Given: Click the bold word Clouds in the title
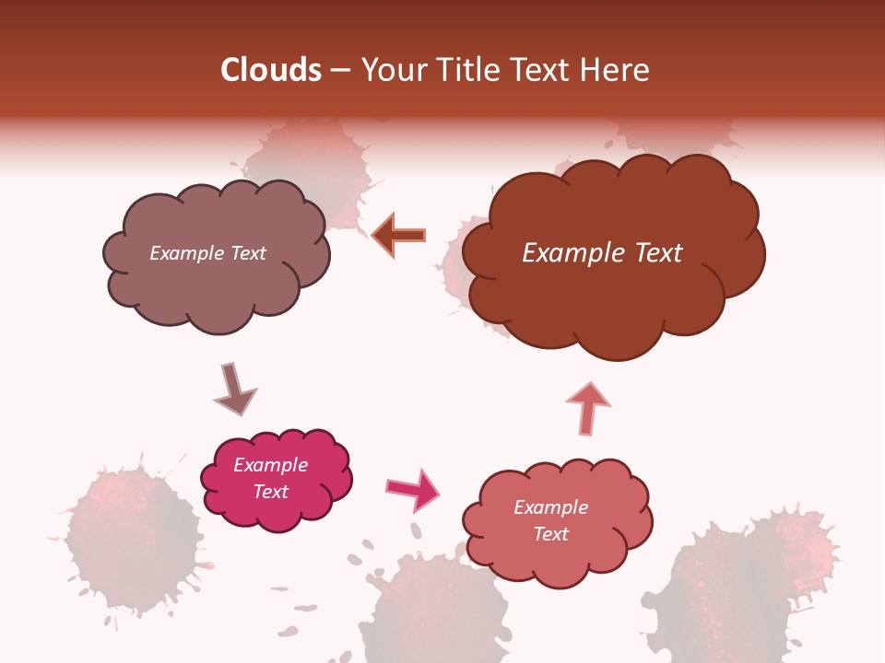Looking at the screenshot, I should pos(272,70).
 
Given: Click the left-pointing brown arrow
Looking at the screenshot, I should pos(399,235).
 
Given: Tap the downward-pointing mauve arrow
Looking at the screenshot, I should pos(234,390).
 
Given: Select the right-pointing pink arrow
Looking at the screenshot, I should pos(413,489).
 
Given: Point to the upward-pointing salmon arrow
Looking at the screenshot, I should pos(588,407).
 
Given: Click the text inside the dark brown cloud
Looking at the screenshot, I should pos(602,253).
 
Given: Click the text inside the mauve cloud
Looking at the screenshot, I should pos(207,253).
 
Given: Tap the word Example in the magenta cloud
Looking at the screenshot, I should pos(270,465).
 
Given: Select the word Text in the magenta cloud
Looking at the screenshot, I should pos(270,492).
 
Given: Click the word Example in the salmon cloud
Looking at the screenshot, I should pos(550,507).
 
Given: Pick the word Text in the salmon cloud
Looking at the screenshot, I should pos(550,534).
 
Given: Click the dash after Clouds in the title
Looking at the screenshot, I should pos(339,71).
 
